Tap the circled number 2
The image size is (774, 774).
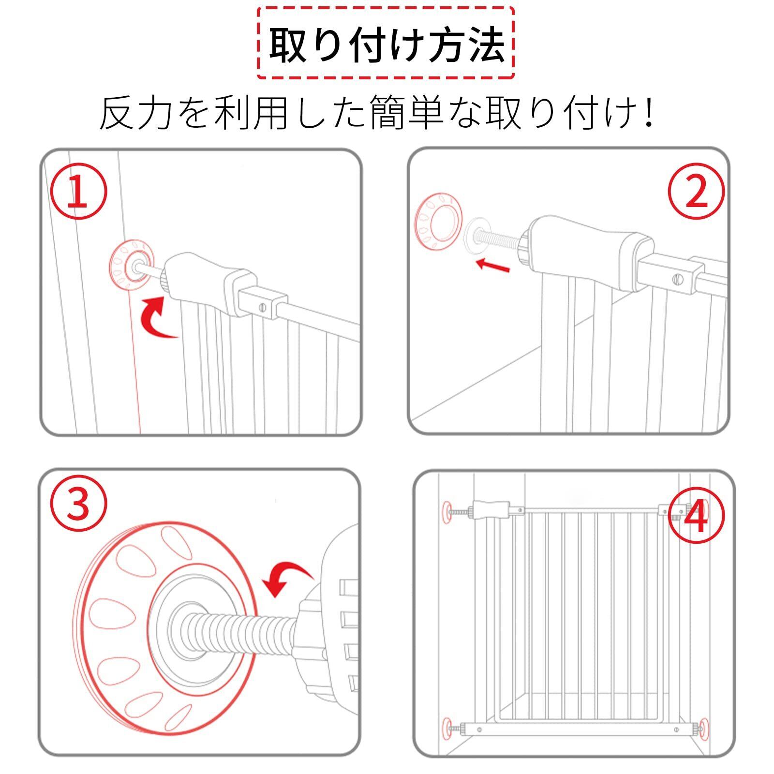point(697,193)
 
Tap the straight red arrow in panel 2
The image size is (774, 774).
point(492,265)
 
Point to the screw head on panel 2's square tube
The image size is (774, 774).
point(676,279)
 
